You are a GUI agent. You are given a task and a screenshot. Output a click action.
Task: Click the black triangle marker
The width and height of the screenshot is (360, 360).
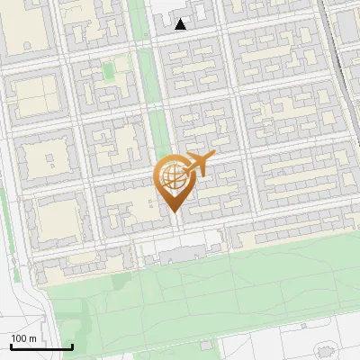tap(181, 24)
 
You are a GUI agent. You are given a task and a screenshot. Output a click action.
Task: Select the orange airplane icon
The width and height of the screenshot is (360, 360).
tap(200, 165)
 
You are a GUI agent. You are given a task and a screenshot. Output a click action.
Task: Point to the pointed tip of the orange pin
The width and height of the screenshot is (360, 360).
tap(173, 211)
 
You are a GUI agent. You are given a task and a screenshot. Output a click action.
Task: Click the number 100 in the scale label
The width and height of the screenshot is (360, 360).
tap(19, 338)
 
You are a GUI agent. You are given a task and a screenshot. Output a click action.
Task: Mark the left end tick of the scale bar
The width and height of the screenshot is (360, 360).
tap(11, 346)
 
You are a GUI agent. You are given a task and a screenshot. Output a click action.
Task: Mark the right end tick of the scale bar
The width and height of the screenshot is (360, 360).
tap(72, 346)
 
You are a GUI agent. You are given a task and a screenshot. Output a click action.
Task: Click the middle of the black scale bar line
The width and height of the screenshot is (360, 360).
tap(41, 347)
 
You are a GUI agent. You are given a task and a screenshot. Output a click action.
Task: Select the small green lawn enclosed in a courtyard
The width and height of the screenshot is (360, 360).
tap(109, 70)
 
